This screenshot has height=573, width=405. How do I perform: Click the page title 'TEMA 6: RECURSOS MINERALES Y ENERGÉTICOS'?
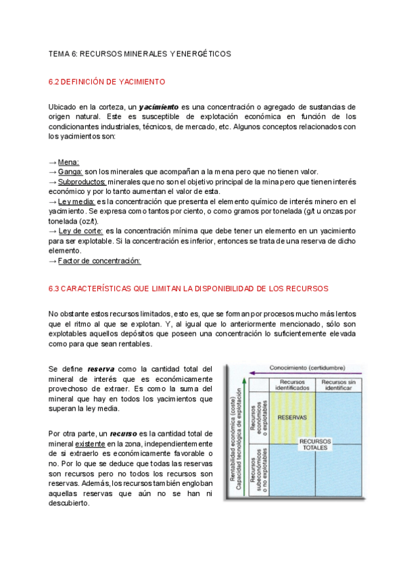(140, 53)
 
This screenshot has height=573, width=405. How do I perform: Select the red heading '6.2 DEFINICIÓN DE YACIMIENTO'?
(107, 82)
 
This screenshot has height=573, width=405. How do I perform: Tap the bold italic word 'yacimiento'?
(159, 107)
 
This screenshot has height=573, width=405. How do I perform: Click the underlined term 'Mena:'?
(68, 162)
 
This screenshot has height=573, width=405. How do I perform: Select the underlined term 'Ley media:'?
(76, 201)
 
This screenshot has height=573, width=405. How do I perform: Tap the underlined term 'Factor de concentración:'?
(99, 260)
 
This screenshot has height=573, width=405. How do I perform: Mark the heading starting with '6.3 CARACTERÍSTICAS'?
(188, 289)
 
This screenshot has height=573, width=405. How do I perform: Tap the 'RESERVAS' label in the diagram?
(292, 418)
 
